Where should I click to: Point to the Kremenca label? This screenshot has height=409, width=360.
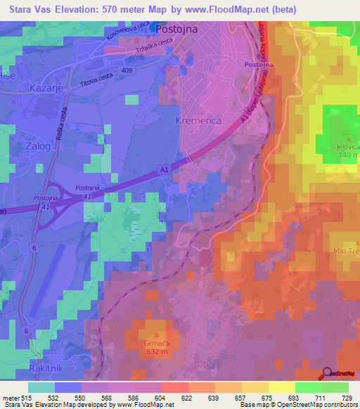pos(198,121)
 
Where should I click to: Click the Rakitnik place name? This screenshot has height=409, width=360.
pos(28,368)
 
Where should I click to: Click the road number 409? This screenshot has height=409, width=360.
pos(127,71)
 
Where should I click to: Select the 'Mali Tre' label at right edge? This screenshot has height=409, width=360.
pos(346,251)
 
